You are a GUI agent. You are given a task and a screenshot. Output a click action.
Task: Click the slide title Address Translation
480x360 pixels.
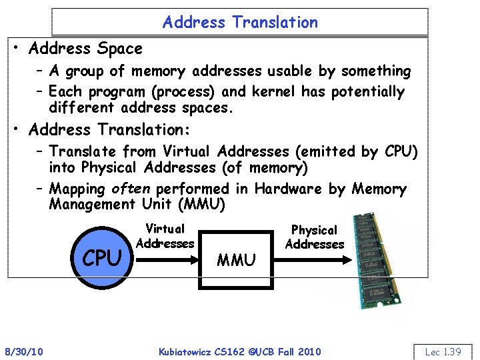[240, 22]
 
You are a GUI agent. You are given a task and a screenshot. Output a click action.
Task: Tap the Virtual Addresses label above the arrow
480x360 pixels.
[165, 236]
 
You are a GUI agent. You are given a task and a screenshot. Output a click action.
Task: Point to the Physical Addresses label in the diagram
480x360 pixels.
[314, 237]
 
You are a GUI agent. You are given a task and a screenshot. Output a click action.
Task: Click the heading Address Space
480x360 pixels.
[86, 49]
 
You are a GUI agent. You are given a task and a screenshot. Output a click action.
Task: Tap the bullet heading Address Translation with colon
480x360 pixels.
[110, 130]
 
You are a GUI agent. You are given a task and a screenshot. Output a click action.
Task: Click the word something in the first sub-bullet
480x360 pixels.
[376, 71]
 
